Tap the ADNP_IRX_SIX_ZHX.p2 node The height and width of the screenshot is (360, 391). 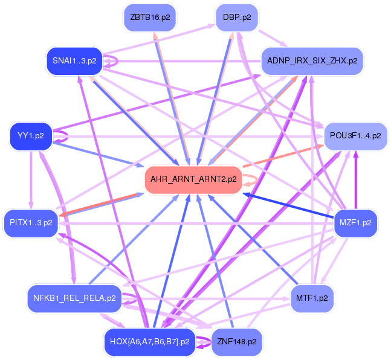point(312,61)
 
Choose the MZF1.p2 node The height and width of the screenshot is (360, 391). point(355,223)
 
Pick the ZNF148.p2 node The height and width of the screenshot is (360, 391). point(236,342)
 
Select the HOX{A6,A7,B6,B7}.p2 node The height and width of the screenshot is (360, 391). point(149,342)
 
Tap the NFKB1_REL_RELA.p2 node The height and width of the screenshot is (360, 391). point(75,298)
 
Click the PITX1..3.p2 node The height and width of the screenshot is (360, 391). point(31,223)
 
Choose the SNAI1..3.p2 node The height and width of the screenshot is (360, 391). point(75,61)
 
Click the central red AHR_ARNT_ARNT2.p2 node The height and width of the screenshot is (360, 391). point(192,179)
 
